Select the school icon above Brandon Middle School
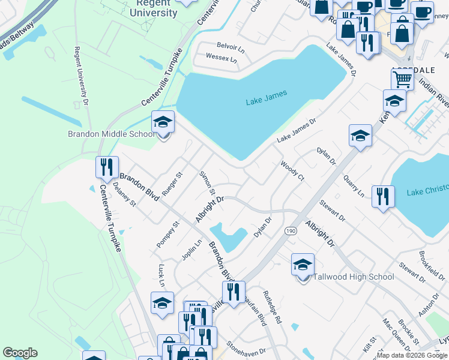pos(163,123)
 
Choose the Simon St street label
pos(207,182)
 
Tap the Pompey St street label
pos(169,234)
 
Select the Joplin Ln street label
pos(191,250)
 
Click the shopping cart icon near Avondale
pos(402,79)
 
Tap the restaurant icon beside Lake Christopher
pos(382,196)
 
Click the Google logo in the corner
pos(20,353)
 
